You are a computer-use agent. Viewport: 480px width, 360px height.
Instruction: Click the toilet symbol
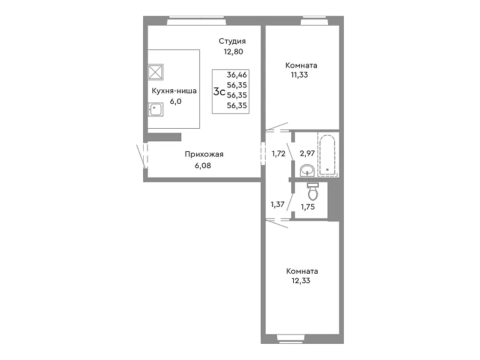[313, 191]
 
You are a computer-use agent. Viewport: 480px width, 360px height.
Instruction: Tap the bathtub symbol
[327, 155]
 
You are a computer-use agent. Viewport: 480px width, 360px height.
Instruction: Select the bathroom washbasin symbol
[307, 171]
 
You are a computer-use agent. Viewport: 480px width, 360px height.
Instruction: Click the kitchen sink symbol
[156, 109]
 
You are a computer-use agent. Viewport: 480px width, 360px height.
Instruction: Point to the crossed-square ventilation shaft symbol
[156, 72]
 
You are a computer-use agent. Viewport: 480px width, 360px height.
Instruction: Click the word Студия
[232, 41]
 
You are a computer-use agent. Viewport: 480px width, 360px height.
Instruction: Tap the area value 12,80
[233, 52]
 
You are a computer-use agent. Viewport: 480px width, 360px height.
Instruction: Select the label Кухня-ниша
[174, 91]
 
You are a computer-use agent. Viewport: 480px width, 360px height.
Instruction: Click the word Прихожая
[204, 154]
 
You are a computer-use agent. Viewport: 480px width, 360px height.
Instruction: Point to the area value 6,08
[203, 166]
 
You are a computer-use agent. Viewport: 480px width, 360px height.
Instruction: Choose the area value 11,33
[299, 75]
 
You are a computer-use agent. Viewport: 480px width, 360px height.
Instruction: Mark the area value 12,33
[301, 281]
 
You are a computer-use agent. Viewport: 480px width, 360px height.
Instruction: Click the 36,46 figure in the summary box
[237, 75]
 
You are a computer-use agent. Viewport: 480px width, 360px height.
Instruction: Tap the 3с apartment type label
[219, 91]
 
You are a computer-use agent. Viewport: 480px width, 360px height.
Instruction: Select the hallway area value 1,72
[279, 154]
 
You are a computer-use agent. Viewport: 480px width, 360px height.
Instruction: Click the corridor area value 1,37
[277, 204]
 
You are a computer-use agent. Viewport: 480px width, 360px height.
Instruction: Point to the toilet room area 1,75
[307, 207]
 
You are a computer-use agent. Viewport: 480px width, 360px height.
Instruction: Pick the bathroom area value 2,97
[307, 153]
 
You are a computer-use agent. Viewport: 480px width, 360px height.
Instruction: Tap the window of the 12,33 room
[291, 338]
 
